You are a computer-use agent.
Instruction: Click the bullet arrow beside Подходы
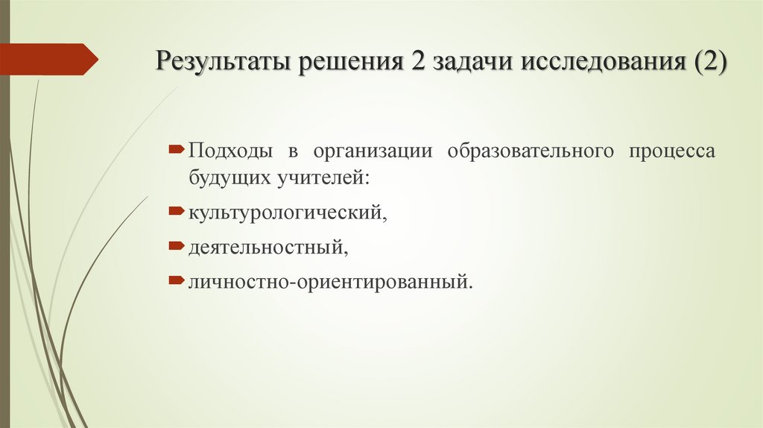click(x=176, y=150)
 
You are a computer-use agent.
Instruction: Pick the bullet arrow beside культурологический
click(x=176, y=212)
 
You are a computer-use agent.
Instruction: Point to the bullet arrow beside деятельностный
click(x=176, y=245)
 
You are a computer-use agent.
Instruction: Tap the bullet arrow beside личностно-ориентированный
click(x=176, y=280)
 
